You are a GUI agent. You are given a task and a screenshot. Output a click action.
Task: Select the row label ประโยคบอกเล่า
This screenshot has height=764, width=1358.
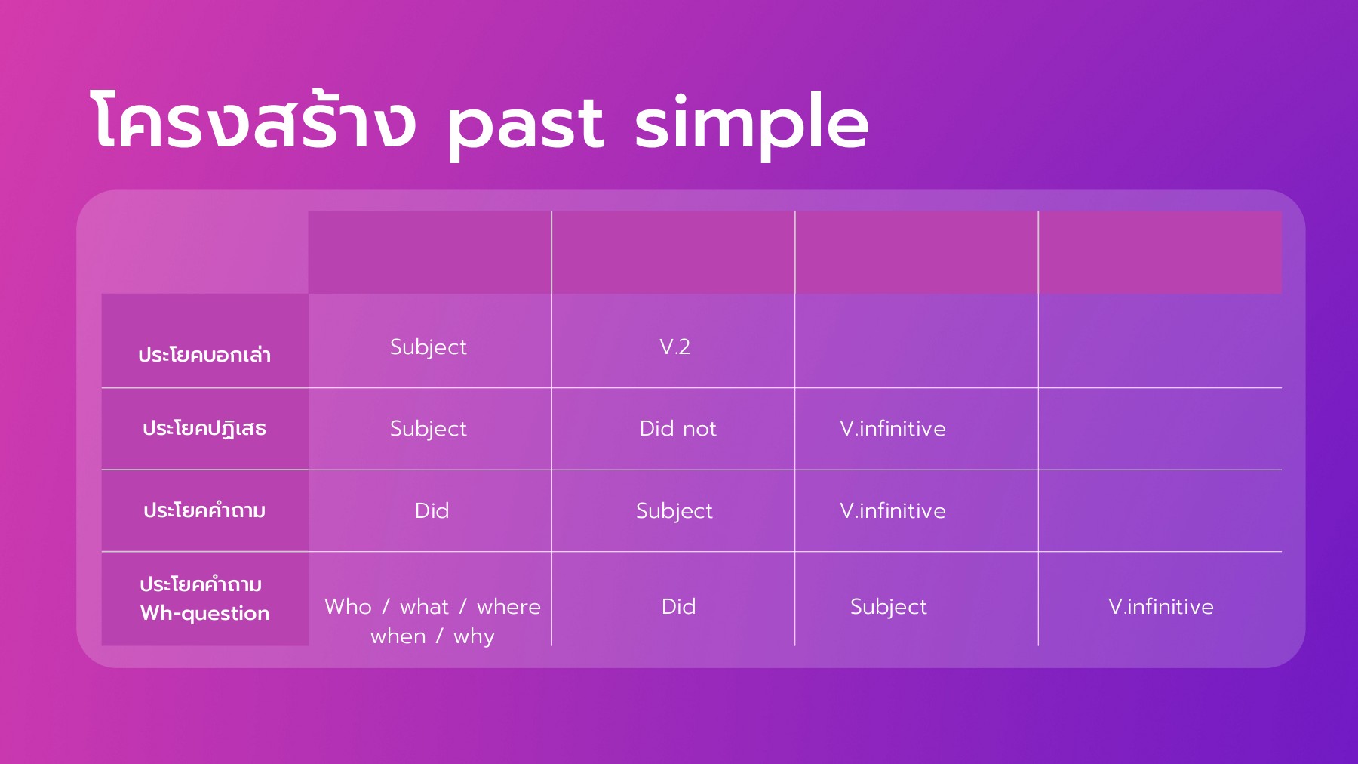click(204, 354)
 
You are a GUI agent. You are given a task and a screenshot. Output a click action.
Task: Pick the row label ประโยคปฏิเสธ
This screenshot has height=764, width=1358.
click(204, 428)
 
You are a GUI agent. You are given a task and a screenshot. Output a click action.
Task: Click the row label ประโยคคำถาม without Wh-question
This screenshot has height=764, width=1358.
click(204, 510)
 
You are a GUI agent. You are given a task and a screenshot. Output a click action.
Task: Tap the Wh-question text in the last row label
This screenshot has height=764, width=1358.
click(204, 613)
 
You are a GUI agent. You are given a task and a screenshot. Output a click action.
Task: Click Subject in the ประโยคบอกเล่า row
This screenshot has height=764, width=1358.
click(429, 347)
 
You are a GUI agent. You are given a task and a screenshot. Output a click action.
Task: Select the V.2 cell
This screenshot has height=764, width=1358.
click(674, 347)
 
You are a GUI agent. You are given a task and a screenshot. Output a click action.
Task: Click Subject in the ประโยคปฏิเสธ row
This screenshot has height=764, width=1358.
click(429, 429)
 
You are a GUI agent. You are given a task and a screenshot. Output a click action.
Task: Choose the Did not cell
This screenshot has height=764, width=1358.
click(677, 428)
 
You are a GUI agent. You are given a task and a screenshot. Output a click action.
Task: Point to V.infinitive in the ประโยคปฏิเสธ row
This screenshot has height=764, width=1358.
click(893, 428)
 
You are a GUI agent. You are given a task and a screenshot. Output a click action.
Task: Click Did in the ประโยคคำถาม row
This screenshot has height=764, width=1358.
click(432, 510)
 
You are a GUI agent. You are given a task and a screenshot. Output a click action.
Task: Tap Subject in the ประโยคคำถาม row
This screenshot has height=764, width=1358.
click(674, 511)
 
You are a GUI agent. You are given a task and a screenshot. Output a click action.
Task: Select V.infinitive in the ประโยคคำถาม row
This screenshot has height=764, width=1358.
click(893, 510)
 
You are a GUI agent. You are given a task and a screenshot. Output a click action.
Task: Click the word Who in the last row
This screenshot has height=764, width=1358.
click(348, 606)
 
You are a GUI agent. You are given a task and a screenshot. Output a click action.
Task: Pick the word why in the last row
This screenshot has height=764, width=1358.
click(474, 636)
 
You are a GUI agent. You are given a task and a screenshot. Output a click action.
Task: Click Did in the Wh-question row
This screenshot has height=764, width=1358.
click(678, 606)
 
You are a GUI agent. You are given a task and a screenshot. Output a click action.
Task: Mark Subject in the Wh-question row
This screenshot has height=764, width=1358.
click(889, 607)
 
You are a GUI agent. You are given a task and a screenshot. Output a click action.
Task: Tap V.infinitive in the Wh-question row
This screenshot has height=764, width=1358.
click(1161, 606)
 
